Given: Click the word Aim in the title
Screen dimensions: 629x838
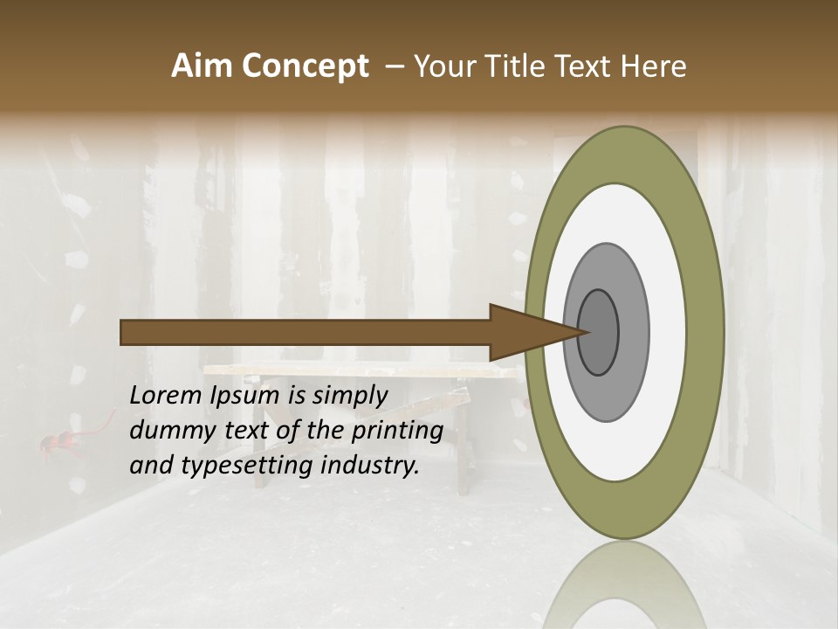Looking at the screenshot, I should coord(203,66).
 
